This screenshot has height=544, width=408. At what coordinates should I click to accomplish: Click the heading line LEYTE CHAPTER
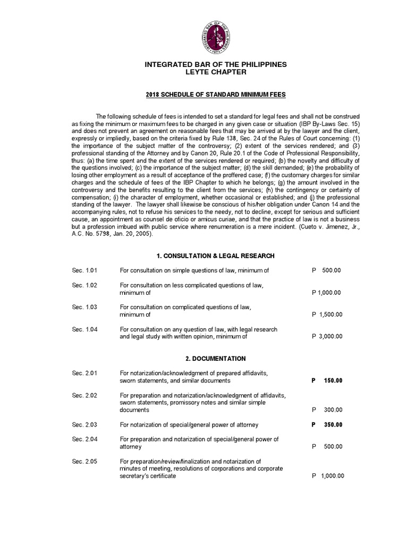(x=216, y=72)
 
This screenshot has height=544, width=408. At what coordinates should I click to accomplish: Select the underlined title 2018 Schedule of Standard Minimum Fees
(x=216, y=94)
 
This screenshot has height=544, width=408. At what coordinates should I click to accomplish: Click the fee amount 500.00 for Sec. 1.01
(x=331, y=270)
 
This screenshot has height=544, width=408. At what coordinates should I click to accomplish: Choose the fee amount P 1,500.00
(x=327, y=314)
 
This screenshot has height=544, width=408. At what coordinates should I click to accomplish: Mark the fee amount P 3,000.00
(x=327, y=336)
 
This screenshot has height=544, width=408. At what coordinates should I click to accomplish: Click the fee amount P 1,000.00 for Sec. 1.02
(x=327, y=293)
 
